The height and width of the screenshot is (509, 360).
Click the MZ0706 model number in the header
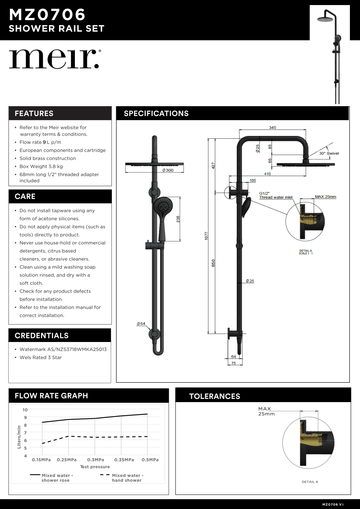(x=47, y=15)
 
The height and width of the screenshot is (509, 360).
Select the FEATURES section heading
(x=34, y=113)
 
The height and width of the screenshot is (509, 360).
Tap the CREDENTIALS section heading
(x=42, y=335)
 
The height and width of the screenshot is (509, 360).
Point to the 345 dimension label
(x=273, y=127)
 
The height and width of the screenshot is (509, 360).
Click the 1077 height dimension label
(x=206, y=236)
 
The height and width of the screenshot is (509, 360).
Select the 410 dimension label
(x=267, y=174)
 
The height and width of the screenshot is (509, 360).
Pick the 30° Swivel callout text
(x=329, y=153)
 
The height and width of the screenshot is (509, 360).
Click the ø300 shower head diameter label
(x=168, y=170)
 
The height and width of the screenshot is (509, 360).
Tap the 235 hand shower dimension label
(x=178, y=219)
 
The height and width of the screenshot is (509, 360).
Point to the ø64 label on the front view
(x=141, y=324)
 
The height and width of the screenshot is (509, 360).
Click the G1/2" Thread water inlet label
(x=276, y=195)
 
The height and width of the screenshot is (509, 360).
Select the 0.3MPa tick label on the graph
(x=96, y=460)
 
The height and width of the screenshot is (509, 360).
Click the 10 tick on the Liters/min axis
(x=25, y=410)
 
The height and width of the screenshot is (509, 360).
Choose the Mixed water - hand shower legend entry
(x=126, y=478)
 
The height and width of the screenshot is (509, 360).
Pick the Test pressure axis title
(x=95, y=467)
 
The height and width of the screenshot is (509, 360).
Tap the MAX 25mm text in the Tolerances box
(x=266, y=411)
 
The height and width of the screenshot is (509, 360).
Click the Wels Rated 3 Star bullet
(x=41, y=357)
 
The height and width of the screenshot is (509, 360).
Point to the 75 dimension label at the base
(x=234, y=363)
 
